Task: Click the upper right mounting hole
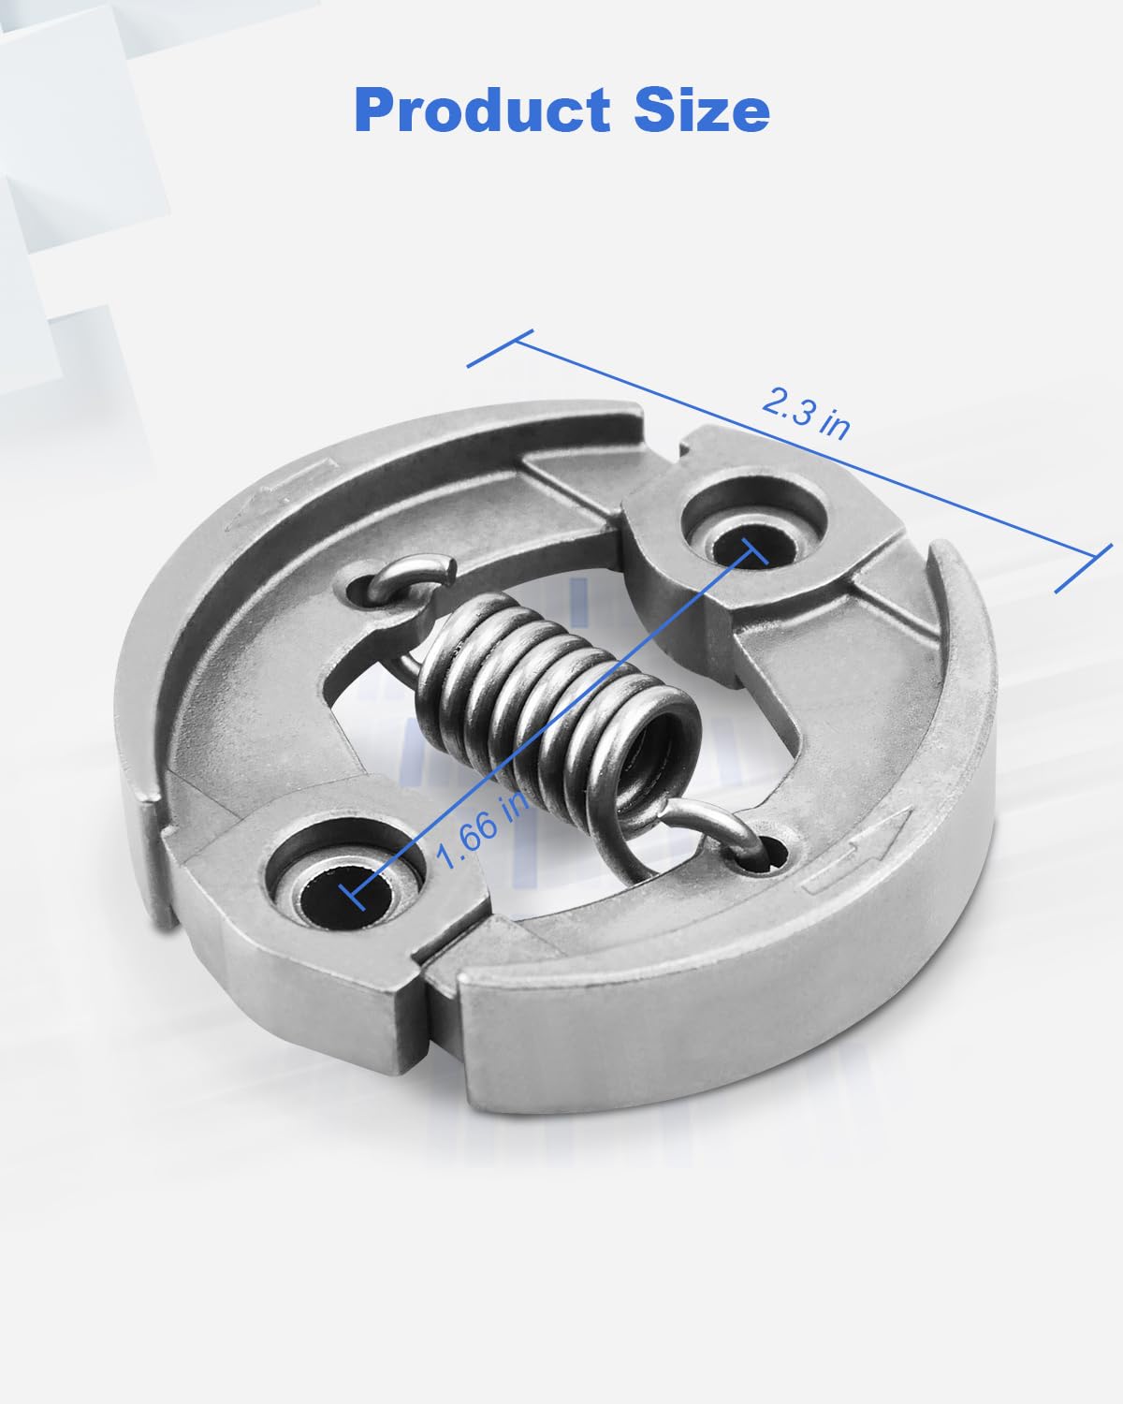[746, 545]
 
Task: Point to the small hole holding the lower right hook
[773, 852]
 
